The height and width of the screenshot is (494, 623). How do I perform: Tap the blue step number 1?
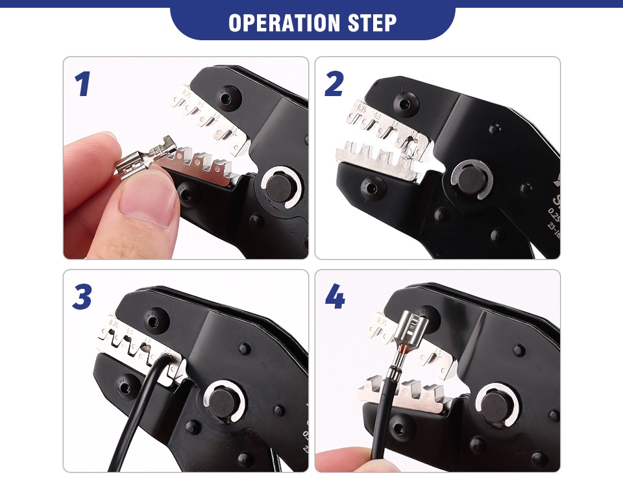82,84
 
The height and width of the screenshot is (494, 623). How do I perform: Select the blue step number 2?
334,84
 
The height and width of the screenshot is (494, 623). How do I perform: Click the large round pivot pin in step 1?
280,188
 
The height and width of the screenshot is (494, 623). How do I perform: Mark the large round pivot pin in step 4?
496,406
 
